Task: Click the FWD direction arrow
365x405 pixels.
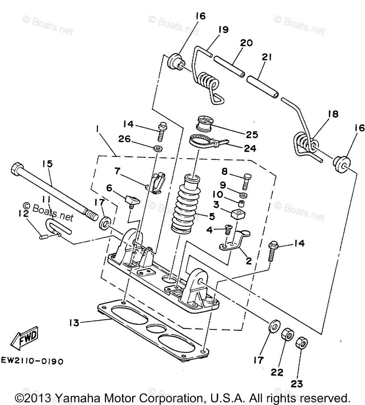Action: coord(24,338)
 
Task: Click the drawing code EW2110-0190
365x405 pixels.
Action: coord(32,361)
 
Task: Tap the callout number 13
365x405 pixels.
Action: coord(74,322)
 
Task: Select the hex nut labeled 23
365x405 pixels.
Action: coord(302,343)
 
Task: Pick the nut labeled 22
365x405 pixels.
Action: coord(287,335)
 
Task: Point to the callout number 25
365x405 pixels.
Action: coord(251,134)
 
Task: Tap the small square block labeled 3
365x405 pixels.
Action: coord(238,214)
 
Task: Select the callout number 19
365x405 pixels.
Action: coord(223,29)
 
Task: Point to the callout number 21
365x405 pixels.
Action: coord(266,57)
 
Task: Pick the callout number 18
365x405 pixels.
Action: coord(333,114)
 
